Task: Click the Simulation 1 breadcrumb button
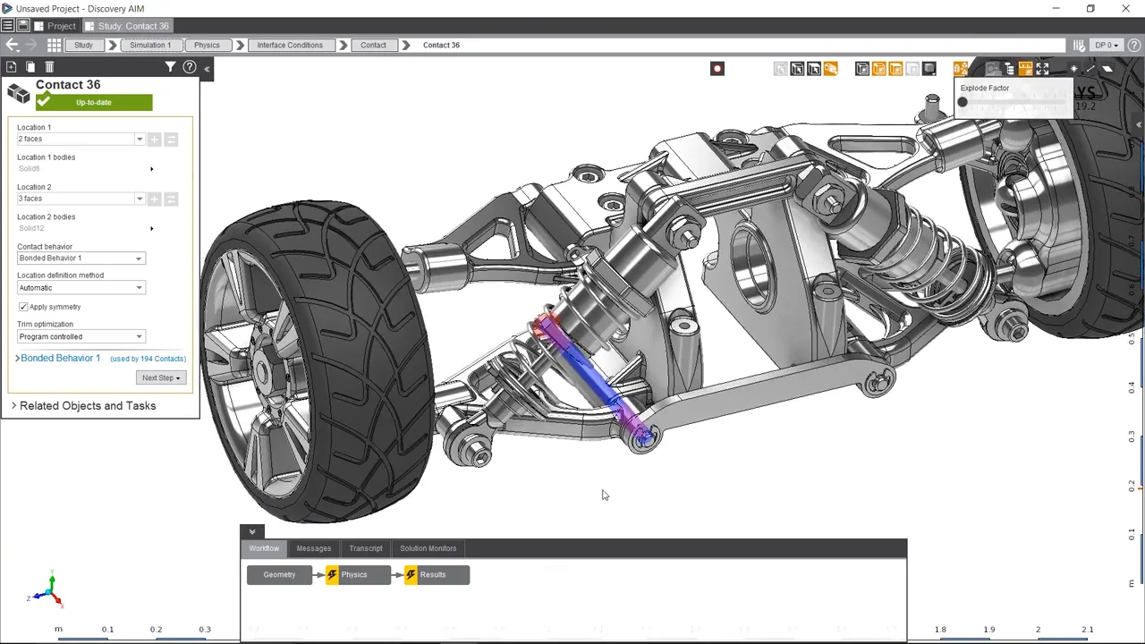tap(149, 45)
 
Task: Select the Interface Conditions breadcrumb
tap(290, 45)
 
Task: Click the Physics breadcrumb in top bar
tap(207, 45)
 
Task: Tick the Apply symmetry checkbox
tap(23, 307)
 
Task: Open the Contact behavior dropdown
tap(81, 258)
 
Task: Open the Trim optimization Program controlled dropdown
tap(81, 337)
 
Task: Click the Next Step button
tap(161, 377)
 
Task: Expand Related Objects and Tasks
tap(87, 406)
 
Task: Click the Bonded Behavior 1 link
tap(60, 358)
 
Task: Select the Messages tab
tap(313, 548)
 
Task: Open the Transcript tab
tap(365, 548)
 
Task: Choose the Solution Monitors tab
tap(428, 548)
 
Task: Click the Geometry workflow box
tap(279, 575)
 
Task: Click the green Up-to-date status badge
tap(94, 103)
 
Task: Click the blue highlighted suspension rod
tap(590, 376)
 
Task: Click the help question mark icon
tap(190, 67)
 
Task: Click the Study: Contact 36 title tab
tap(132, 26)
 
